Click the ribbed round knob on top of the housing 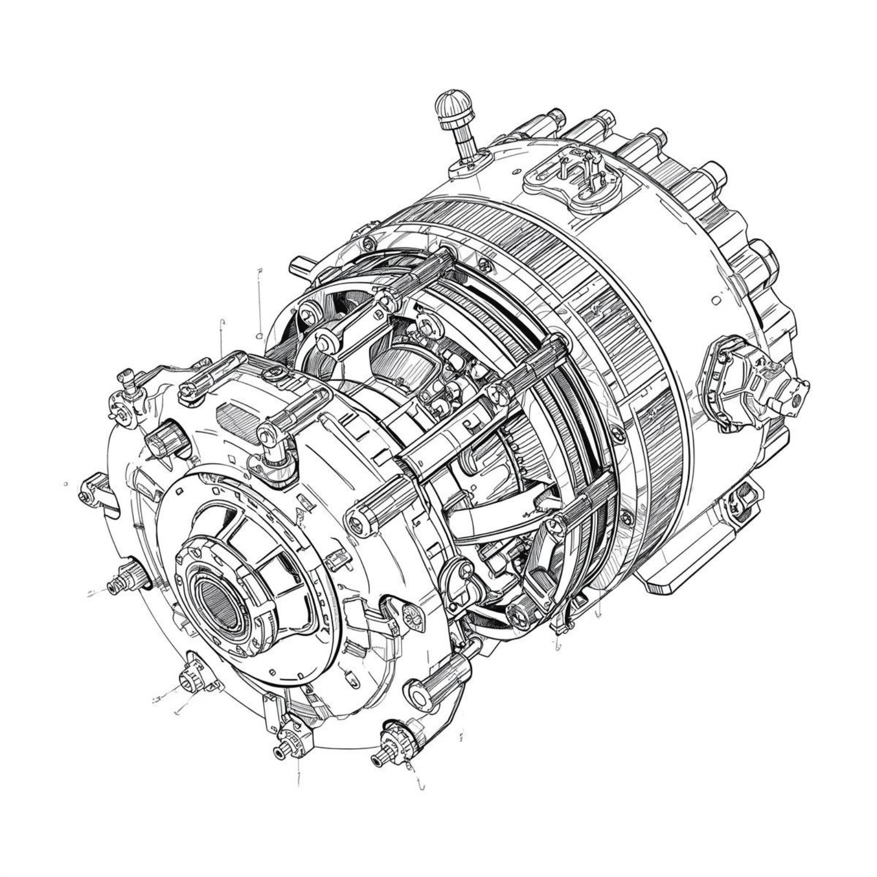[454, 105]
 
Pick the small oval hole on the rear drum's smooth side [715, 300]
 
